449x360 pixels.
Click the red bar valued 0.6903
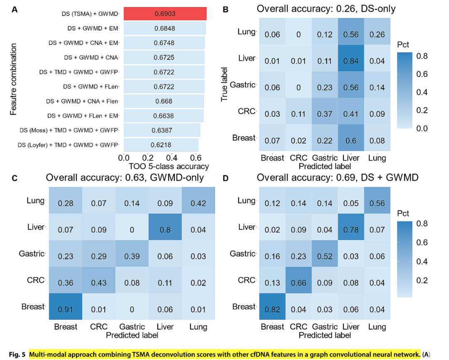[165, 14]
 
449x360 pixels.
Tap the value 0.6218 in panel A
[160, 145]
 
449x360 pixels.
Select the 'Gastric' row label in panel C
[31, 254]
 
